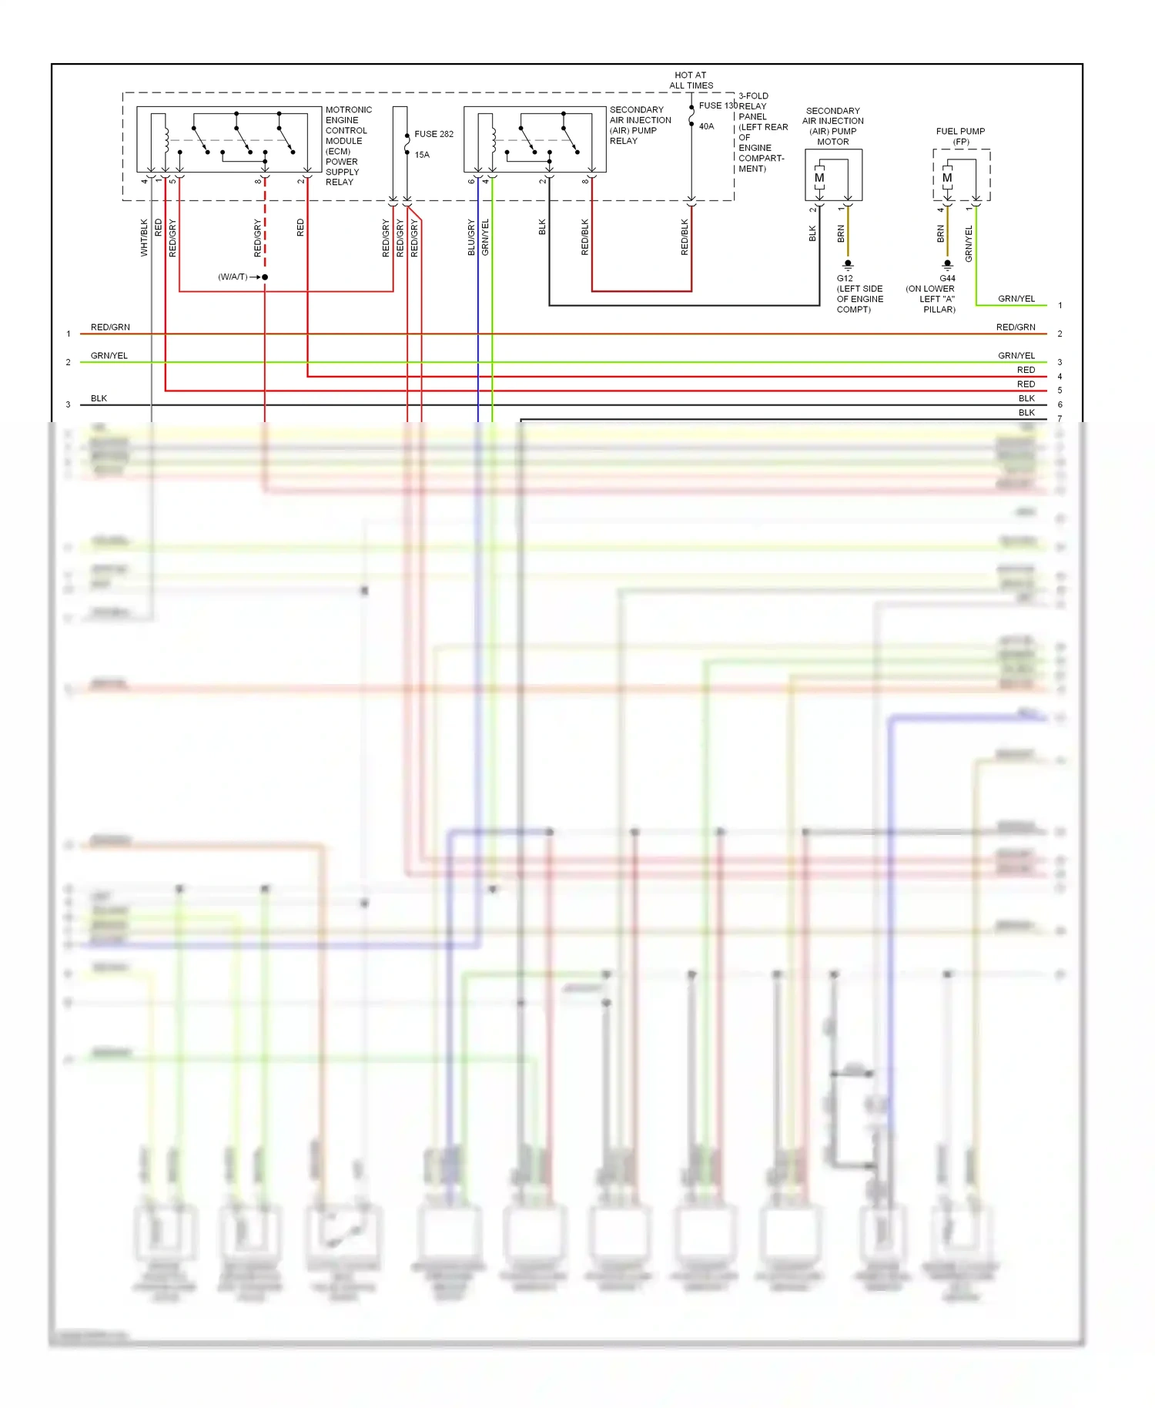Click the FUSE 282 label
coord(434,134)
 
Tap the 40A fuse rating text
coord(706,126)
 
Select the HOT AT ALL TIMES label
coord(691,80)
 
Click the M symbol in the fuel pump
coord(947,178)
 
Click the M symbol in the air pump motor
coord(819,178)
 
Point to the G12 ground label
coord(845,278)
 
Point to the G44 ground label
coord(947,278)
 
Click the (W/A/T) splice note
coord(233,277)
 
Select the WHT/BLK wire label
coord(144,237)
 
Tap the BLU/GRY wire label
coord(471,237)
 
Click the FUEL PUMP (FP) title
coord(960,136)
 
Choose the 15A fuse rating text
coord(422,155)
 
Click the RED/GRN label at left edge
coord(110,327)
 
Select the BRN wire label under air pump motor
coord(841,234)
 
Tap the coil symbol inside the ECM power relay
coord(166,139)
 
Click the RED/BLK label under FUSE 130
coord(685,237)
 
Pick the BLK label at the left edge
coord(99,398)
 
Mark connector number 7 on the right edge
coord(1060,418)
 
